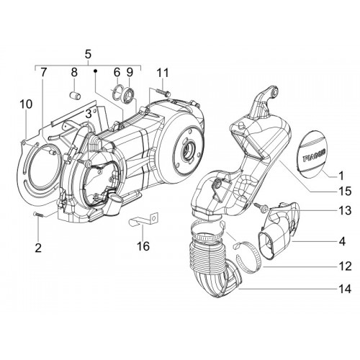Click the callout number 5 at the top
pos(88,54)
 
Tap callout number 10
pos(26,104)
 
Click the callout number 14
pos(345,289)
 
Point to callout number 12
pos(345,266)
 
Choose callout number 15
pos(345,191)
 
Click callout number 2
pos(38,248)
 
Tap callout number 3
pos(89,114)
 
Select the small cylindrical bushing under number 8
pos(75,96)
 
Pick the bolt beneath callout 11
pos(163,92)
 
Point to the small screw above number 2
pos(38,215)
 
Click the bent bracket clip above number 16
pos(143,220)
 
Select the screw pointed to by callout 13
pos(261,207)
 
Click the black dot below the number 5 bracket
pos(95,71)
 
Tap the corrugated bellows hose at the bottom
pos(211,259)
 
